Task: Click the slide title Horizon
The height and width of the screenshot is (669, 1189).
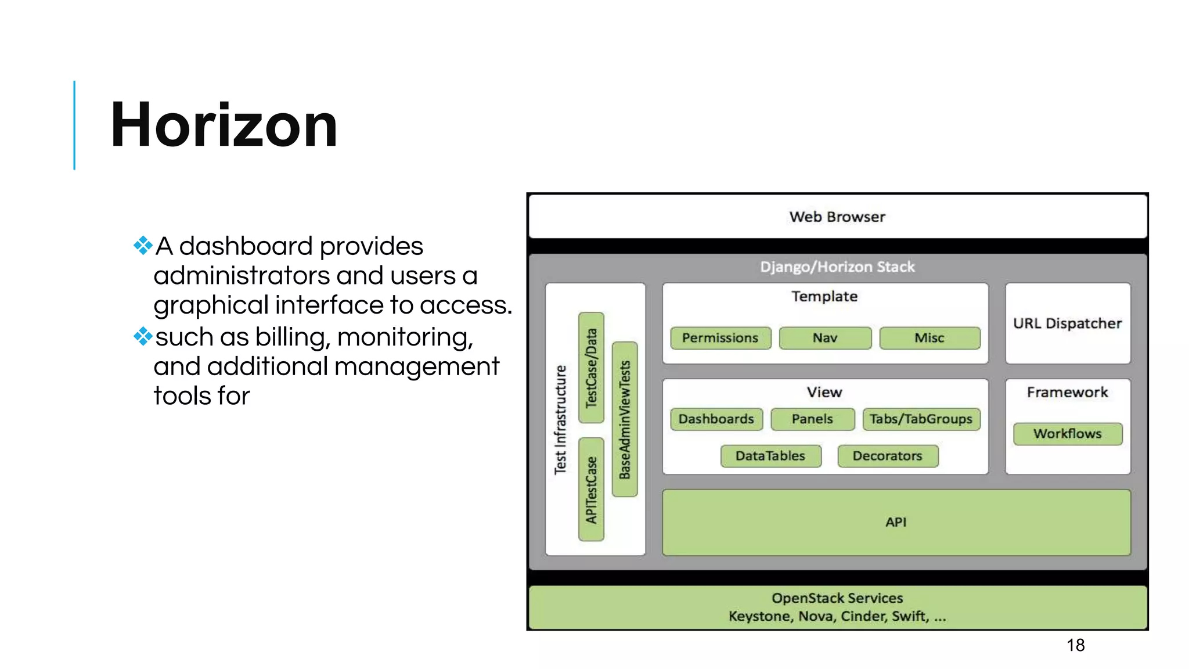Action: tap(224, 125)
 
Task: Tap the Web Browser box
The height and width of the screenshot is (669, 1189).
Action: tap(837, 217)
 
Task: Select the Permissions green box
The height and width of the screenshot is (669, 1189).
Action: tap(720, 338)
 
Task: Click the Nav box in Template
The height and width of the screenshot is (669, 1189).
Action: tap(825, 338)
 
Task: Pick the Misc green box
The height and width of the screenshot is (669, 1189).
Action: tap(929, 338)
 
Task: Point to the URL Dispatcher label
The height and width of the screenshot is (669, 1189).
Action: tap(1067, 323)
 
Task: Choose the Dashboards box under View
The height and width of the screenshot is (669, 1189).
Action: tap(716, 419)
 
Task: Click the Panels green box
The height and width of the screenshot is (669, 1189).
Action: tap(812, 419)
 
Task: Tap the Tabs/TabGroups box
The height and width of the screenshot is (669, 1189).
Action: tap(921, 419)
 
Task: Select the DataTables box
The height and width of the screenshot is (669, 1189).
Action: tap(770, 456)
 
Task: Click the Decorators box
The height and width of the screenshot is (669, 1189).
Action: tap(887, 456)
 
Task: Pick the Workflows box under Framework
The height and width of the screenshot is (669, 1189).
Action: tap(1067, 434)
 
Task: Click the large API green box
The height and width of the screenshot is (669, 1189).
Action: tap(896, 522)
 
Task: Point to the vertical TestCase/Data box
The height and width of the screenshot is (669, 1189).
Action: tap(591, 368)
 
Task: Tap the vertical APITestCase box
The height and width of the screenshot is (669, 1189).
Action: tap(591, 490)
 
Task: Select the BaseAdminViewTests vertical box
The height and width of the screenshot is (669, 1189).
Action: tap(625, 419)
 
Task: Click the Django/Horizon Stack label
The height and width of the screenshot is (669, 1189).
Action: tap(837, 267)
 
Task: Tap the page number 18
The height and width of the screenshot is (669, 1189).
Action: tap(1075, 645)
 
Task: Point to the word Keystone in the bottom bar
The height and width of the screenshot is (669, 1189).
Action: tap(760, 616)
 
